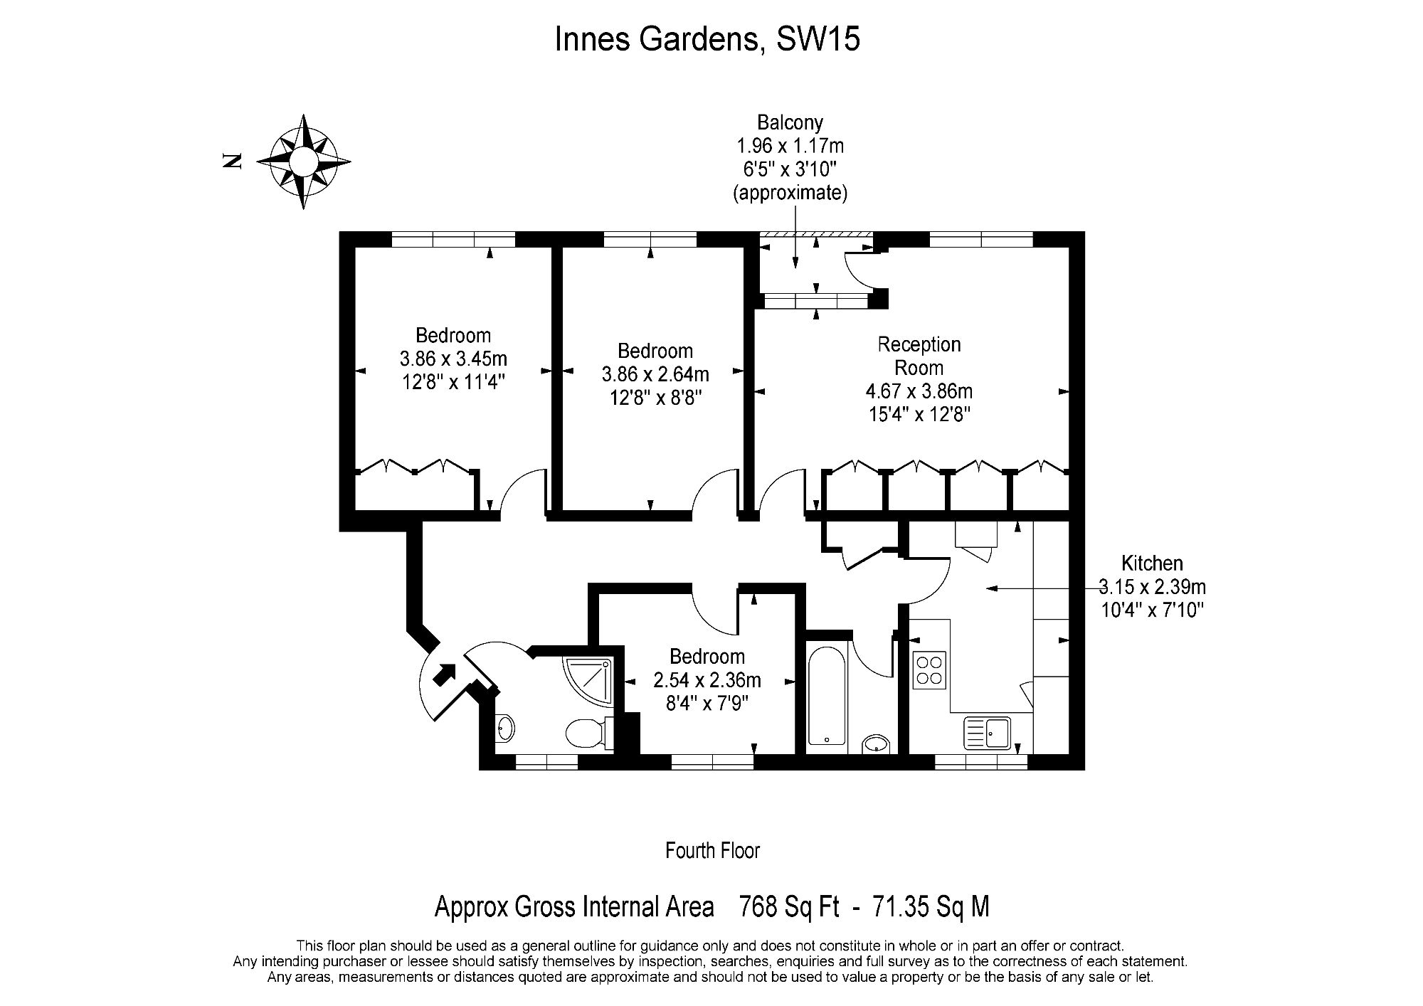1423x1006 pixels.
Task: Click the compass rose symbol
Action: point(303,162)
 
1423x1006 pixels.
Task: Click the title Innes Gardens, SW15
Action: point(707,39)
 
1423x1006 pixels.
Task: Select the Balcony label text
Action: point(790,123)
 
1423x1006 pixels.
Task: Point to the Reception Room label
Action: point(919,356)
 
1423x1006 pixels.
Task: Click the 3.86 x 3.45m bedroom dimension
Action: point(454,359)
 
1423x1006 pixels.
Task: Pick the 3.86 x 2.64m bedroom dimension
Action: point(655,374)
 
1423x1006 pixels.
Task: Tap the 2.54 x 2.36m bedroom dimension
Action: point(707,680)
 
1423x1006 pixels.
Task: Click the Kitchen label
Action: point(1152,563)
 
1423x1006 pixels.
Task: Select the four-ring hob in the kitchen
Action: point(929,670)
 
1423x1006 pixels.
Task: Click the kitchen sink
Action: point(988,734)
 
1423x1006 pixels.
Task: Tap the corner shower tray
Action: point(588,679)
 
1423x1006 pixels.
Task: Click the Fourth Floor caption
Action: point(712,850)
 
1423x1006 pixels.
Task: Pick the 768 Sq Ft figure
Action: point(790,907)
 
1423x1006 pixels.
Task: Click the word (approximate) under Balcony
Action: point(790,193)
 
